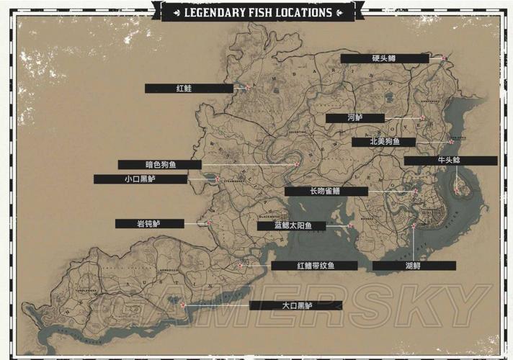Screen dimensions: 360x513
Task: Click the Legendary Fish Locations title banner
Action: point(258,12)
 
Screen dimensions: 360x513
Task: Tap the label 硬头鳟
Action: point(385,58)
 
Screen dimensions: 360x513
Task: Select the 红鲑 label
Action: point(189,89)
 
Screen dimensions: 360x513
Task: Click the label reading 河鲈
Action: point(354,118)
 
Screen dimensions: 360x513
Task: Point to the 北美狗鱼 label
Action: point(383,142)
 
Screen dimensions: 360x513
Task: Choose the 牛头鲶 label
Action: point(450,161)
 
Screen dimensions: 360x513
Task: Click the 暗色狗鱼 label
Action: point(159,165)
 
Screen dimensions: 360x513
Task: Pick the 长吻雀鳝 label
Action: point(326,192)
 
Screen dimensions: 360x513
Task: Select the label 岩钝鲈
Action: point(149,224)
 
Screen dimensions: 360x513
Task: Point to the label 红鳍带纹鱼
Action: point(314,266)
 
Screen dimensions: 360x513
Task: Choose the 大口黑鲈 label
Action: point(295,305)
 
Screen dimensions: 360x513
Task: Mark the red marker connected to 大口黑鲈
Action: point(184,305)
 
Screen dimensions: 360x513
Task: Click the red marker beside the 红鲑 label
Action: point(246,88)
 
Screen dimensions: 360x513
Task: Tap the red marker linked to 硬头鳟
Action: point(445,58)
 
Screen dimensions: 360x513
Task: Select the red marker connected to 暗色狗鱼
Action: point(296,165)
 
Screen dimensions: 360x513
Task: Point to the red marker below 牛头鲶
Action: point(457,189)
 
